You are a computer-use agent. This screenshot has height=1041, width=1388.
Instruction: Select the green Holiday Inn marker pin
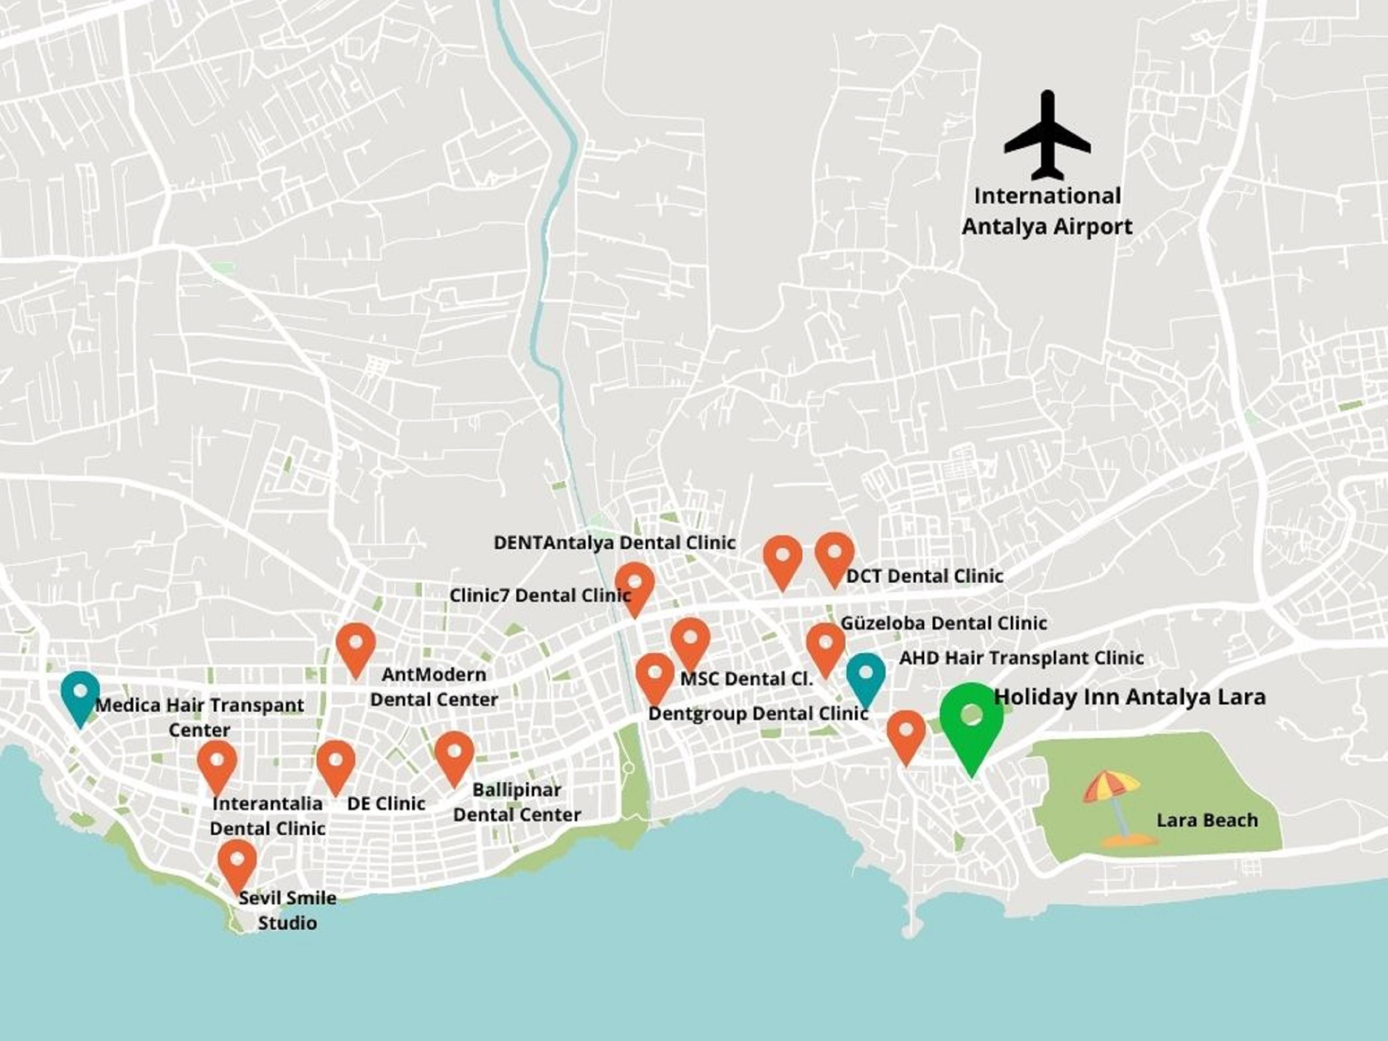pos(971,721)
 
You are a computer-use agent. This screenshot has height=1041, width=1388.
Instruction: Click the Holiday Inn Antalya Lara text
pos(1130,697)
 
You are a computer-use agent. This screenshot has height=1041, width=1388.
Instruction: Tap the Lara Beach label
pos(1207,820)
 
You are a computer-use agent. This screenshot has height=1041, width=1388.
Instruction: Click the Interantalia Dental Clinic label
pos(267,816)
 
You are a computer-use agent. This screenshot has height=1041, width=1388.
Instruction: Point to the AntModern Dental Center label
pos(434,687)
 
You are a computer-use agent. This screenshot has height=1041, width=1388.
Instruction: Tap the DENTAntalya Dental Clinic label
pos(614,543)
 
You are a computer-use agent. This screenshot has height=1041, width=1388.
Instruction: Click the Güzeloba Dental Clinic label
pos(943,623)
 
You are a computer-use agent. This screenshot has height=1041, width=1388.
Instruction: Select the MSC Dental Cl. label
pos(746,679)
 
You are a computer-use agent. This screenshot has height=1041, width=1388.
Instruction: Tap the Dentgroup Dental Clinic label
pos(758,714)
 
